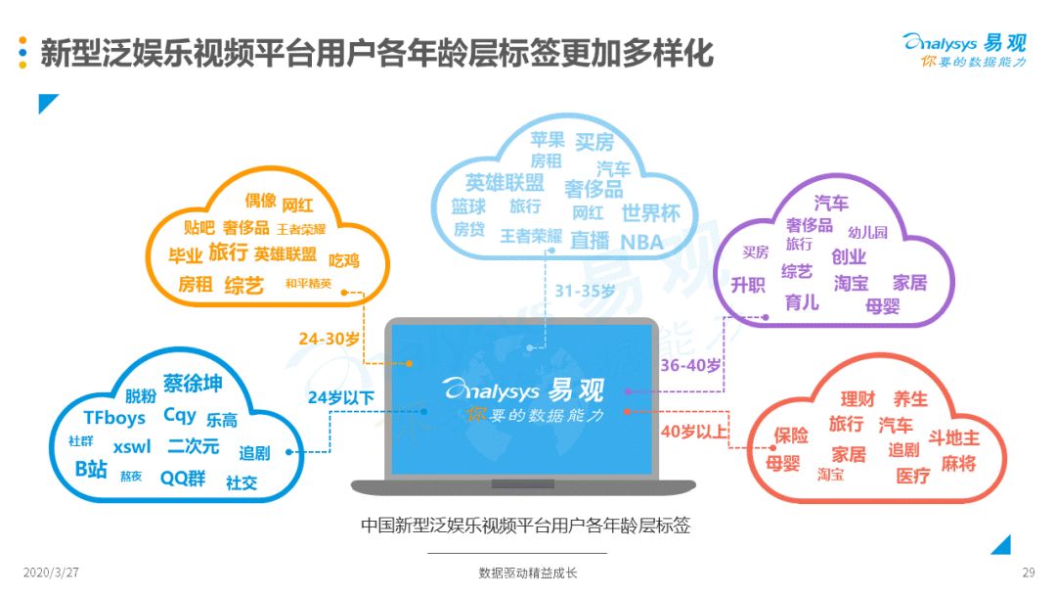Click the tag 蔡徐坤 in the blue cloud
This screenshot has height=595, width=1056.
193,383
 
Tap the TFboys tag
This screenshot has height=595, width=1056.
114,418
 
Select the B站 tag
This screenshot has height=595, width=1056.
91,469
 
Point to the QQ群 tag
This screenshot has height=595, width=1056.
183,479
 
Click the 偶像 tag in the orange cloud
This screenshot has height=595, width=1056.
261,201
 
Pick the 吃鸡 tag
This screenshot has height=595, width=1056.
343,260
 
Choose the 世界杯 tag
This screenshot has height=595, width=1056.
650,213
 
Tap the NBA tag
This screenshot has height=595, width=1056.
641,242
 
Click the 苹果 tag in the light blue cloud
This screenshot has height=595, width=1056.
547,140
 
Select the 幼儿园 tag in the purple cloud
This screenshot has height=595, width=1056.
867,233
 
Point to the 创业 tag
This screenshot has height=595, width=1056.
849,256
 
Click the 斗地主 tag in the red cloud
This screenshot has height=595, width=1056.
953,438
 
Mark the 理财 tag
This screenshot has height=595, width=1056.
858,399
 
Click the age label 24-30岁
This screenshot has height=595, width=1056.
329,339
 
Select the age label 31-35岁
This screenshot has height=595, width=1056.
585,291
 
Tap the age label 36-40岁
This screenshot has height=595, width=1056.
690,365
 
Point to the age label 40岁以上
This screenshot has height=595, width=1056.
693,432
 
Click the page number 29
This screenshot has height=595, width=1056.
1028,572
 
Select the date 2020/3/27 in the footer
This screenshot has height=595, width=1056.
51,572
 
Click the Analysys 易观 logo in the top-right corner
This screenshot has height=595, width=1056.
964,50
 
